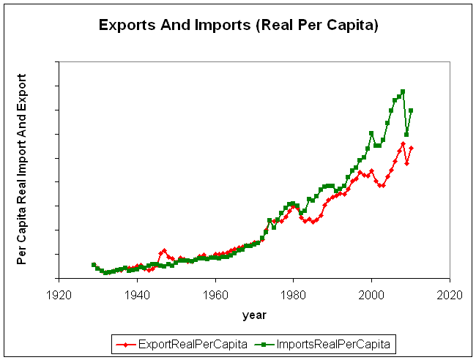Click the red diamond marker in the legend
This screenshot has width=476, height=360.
128,343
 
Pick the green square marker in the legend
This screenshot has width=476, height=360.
261,343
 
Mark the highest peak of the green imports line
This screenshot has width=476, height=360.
403,92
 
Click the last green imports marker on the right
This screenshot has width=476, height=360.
411,110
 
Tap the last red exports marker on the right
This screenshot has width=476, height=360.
411,148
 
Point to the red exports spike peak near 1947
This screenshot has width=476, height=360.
164,250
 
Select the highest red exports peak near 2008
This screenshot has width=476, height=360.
403,143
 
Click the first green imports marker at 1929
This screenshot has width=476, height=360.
94,265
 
